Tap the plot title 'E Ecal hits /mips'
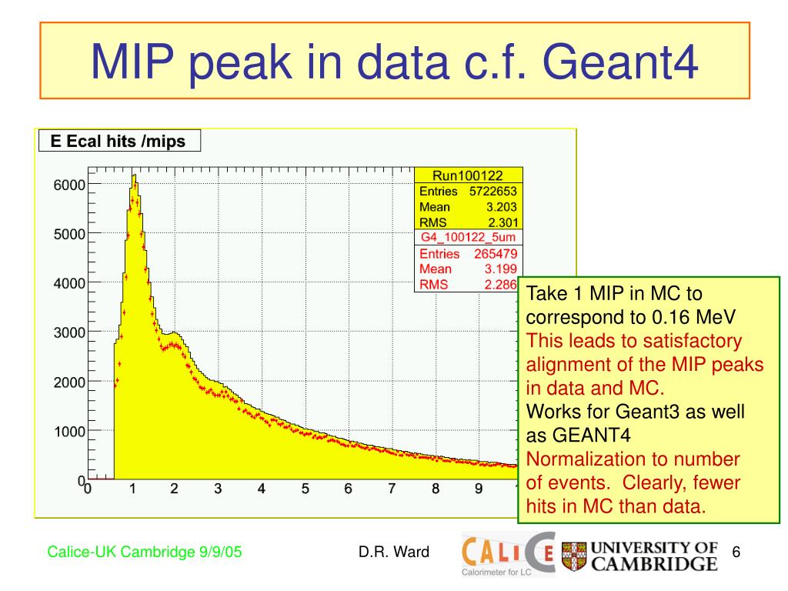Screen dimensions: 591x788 [118, 142]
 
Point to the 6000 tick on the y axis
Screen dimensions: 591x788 [69, 185]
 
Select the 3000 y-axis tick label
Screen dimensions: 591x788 [69, 332]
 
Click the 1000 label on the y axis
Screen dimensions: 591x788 [69, 432]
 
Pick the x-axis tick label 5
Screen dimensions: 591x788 [306, 489]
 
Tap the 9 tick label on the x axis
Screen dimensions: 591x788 [479, 489]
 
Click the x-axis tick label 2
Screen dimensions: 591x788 [175, 489]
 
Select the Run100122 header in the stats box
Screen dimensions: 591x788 [468, 175]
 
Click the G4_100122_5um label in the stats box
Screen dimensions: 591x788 [468, 237]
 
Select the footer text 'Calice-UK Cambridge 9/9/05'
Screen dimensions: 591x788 [145, 551]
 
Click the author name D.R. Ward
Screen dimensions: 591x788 [393, 551]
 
